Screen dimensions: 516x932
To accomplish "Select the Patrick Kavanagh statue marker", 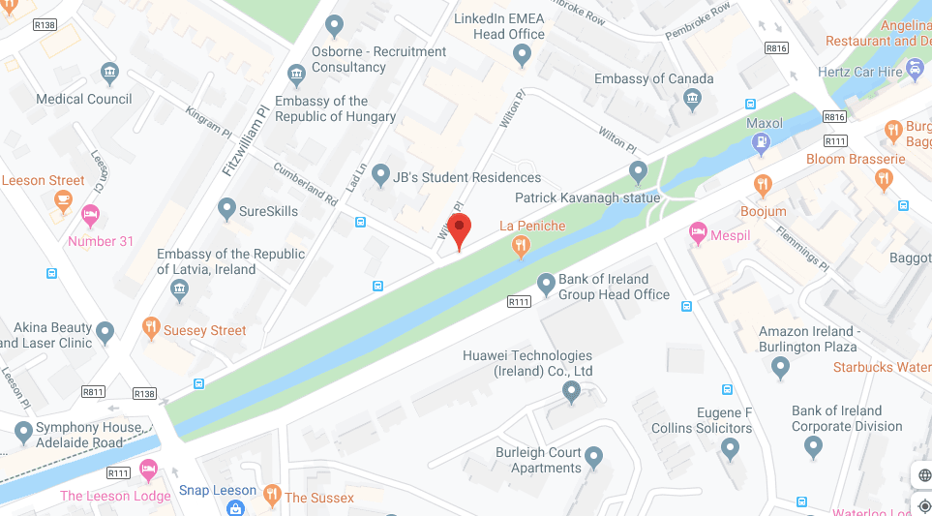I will pos(638,172).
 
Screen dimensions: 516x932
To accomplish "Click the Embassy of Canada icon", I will pos(692,99).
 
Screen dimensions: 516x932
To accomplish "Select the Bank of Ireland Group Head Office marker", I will pos(546,283).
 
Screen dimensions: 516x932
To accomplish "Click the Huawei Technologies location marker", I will pos(571,391).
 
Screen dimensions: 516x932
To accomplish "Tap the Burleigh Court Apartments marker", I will pos(593,456).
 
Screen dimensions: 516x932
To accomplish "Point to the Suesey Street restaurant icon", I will pos(150,329).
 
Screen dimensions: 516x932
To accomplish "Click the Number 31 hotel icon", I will pos(91,214).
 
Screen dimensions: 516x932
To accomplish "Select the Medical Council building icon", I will pos(109,73).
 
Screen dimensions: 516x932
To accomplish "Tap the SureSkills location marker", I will pos(226,208).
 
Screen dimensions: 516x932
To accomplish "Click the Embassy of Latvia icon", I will pos(179,289).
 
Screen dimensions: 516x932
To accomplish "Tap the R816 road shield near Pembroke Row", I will pos(776,47).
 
